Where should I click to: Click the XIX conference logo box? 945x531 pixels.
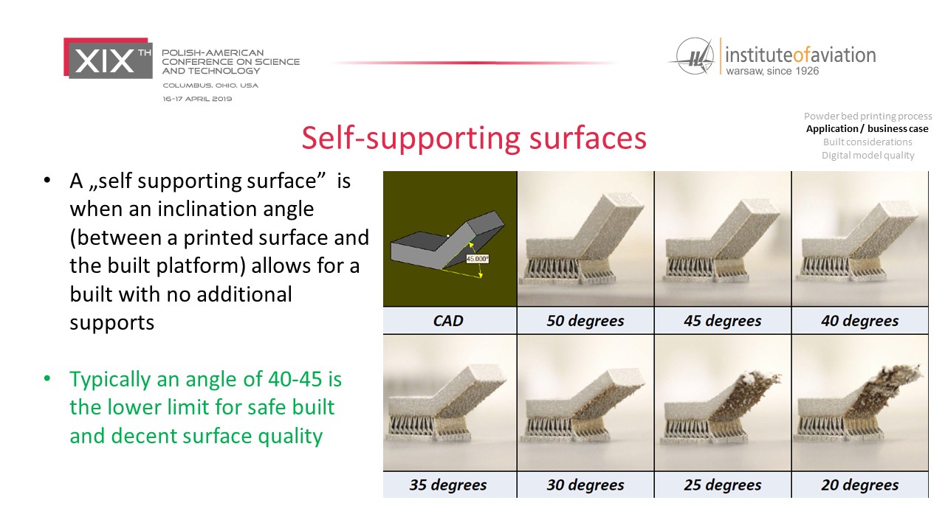(x=108, y=58)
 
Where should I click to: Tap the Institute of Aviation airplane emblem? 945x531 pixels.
(x=693, y=57)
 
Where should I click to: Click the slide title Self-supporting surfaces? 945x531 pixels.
(x=474, y=138)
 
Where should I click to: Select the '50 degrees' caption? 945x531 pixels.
(x=585, y=321)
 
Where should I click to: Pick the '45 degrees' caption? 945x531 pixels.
(x=722, y=321)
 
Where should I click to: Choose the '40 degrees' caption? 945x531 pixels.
(x=859, y=321)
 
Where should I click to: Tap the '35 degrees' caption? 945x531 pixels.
(x=447, y=485)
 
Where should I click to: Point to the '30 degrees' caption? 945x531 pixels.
(x=585, y=485)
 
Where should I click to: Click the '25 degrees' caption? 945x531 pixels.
(x=722, y=485)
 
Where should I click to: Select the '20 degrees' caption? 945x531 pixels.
(x=859, y=485)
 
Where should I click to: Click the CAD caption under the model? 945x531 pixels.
(x=448, y=321)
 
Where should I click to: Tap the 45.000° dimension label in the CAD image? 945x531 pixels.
(x=477, y=259)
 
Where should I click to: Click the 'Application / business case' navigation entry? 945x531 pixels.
(x=867, y=128)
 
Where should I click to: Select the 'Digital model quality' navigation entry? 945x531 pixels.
(x=867, y=155)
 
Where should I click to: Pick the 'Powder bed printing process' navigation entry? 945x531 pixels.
(x=867, y=116)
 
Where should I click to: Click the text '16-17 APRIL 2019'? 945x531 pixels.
(x=197, y=99)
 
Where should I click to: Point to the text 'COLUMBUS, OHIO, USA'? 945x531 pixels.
(x=210, y=86)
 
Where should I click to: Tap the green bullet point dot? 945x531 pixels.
(x=47, y=378)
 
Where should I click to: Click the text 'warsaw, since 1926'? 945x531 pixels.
(x=772, y=71)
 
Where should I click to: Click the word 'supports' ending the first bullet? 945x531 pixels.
(x=111, y=323)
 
